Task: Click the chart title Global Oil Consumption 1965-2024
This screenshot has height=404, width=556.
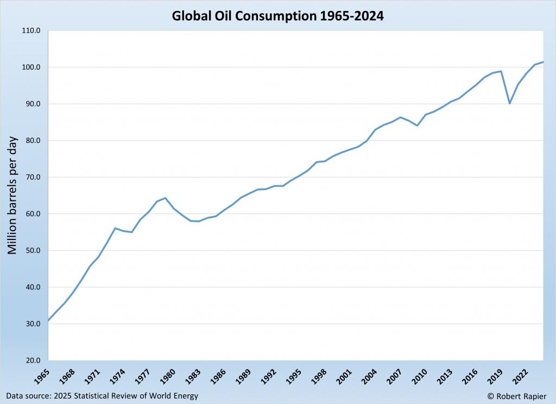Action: pos(278,16)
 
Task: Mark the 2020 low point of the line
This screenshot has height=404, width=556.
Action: pos(509,103)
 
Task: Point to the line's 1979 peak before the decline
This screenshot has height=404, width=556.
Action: pos(165,198)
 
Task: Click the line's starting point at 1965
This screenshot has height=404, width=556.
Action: pos(48,321)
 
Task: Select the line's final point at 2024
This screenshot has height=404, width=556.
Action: pos(543,62)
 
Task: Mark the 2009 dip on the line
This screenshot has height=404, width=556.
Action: pos(417,125)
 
